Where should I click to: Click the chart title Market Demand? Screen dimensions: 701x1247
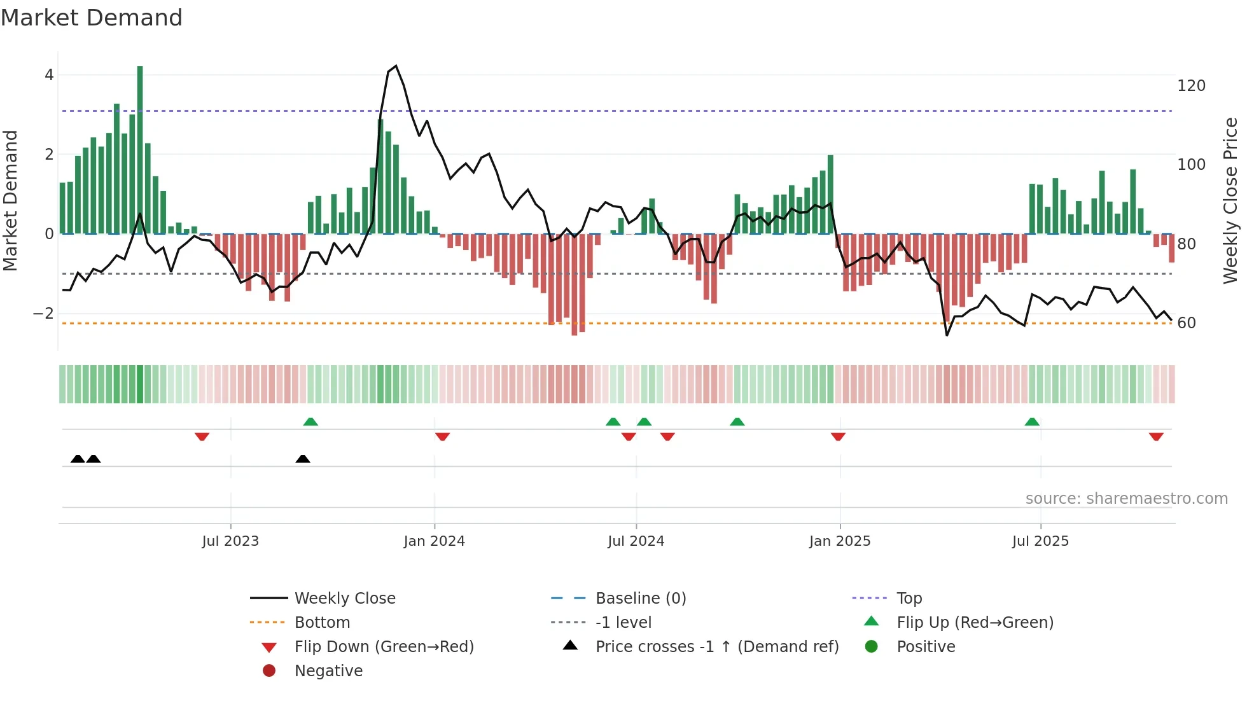click(92, 18)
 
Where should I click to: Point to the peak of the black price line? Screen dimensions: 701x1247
click(396, 66)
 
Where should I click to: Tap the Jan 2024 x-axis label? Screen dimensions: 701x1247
click(434, 541)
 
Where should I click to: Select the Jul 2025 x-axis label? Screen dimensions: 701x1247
click(1040, 541)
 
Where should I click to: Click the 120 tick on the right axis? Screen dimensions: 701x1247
click(1191, 86)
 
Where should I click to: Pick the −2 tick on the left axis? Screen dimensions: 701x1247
click(43, 314)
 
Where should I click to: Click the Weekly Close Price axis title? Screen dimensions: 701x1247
click(1230, 200)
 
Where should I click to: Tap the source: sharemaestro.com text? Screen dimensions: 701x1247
click(1126, 499)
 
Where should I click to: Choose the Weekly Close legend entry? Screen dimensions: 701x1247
click(344, 599)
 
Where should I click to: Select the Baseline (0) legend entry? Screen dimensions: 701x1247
click(640, 599)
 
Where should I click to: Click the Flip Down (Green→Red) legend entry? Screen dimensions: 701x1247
click(384, 647)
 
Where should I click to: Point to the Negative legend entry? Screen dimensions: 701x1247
click(328, 671)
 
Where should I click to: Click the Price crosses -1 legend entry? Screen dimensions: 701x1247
click(716, 647)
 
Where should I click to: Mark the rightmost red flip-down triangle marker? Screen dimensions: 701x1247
click(1156, 436)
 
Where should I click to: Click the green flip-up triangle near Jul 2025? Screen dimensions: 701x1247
click(1032, 422)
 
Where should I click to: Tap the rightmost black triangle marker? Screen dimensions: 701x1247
click(303, 459)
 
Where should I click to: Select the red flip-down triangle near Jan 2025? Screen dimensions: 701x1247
click(838, 436)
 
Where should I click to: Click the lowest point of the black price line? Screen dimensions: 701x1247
click(947, 335)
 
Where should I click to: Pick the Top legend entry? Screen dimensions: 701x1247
click(909, 599)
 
